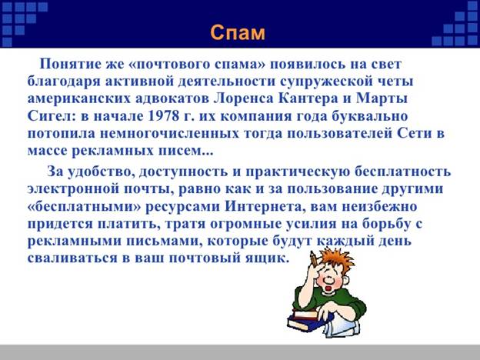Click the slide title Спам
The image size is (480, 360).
tap(238, 32)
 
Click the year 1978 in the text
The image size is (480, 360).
tap(163, 116)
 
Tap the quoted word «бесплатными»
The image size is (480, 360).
tap(84, 207)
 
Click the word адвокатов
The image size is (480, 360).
tap(172, 99)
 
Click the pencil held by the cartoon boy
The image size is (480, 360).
tap(315, 259)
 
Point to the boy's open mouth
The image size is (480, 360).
tap(328, 288)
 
